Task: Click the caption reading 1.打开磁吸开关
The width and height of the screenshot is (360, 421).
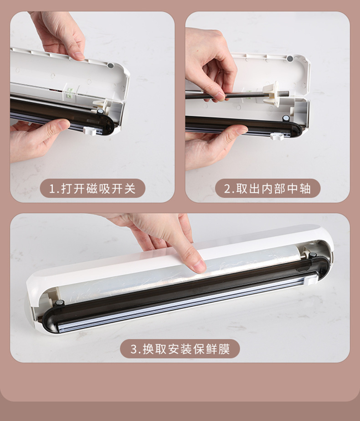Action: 93,188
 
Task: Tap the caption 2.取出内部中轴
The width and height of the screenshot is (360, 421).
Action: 267,188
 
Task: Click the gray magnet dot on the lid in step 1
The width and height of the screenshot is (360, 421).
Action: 110,66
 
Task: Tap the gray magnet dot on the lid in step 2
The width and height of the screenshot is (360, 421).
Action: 290,58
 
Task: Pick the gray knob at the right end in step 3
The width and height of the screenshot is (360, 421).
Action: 314,255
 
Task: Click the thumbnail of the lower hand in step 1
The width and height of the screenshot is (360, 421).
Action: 63,125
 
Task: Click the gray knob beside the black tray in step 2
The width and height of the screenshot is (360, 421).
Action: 286,118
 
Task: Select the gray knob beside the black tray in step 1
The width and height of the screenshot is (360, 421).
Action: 100,111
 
